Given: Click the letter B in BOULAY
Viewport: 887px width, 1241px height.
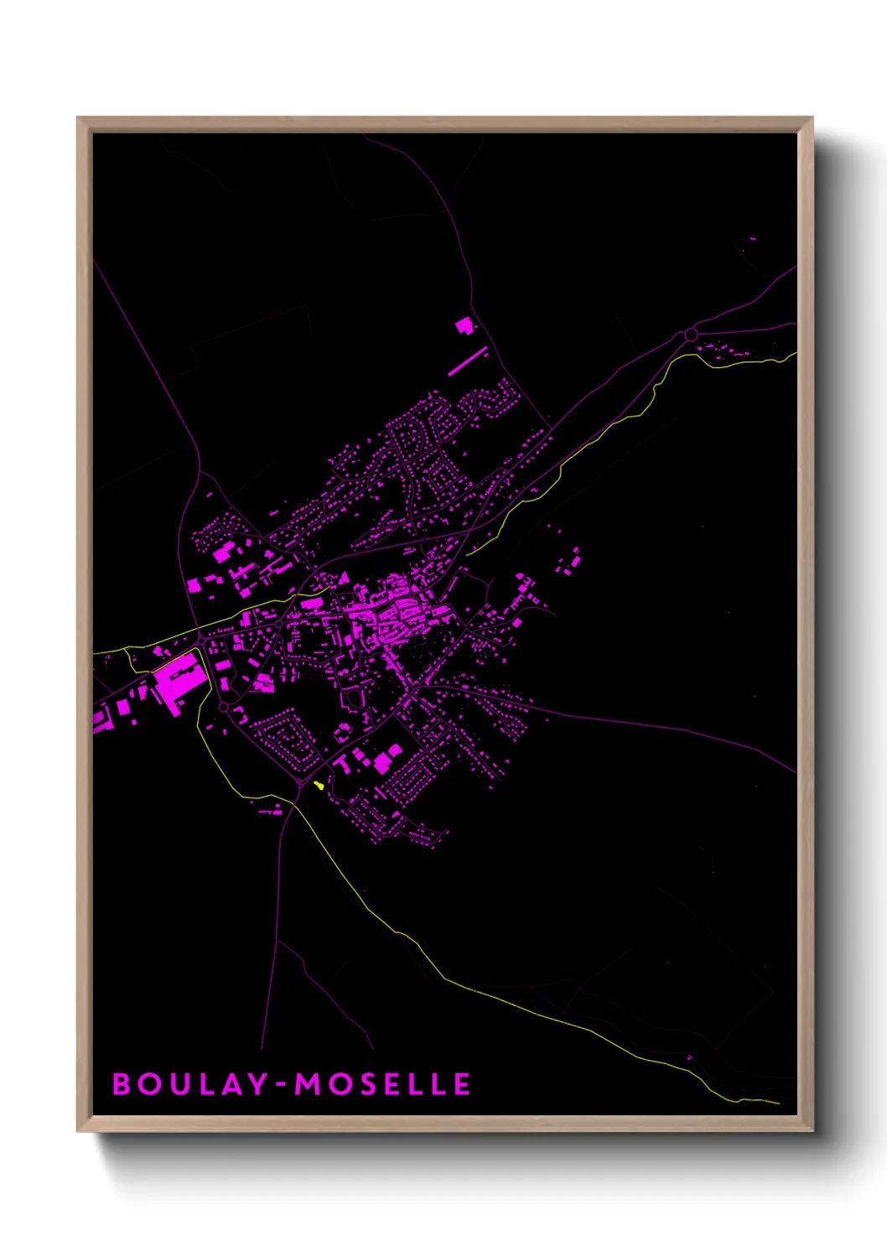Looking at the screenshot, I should point(122,1084).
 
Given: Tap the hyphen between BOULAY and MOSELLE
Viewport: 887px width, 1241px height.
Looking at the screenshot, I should point(281,1085).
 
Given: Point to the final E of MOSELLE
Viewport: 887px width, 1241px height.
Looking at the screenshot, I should point(462,1084).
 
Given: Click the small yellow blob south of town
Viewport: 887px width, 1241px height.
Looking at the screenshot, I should point(319,786).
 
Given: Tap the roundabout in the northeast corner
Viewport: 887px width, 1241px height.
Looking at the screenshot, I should point(691,335).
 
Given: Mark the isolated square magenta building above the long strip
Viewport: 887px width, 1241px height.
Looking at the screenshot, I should point(464,325).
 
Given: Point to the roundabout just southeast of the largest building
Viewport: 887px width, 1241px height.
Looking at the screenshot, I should point(224,708).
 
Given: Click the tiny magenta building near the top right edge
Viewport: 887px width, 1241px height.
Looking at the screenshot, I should point(751,239).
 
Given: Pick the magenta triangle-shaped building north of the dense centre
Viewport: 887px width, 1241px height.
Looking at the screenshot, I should point(343,578).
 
